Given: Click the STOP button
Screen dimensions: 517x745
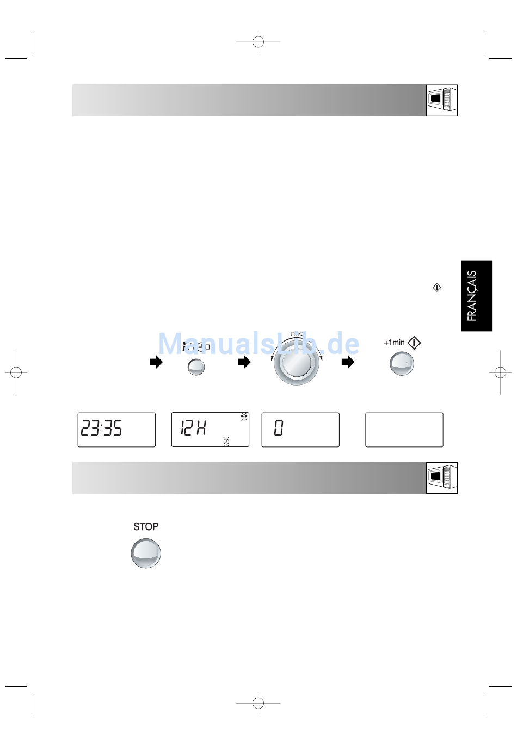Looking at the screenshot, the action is [146, 553].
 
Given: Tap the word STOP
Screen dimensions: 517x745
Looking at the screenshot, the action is [146, 526].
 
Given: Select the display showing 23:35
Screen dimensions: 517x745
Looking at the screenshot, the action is [116, 430].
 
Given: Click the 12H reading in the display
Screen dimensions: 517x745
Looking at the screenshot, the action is [193, 428].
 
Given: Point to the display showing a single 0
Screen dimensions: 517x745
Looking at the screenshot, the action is [300, 430].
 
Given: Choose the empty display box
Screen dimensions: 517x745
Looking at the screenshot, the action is [404, 430].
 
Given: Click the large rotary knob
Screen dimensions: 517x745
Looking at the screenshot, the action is [296, 363].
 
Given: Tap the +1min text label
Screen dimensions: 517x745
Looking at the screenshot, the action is [394, 343].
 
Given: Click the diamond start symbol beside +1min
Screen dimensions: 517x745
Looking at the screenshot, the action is [414, 343].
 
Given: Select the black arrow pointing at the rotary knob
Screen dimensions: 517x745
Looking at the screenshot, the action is [244, 362].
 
